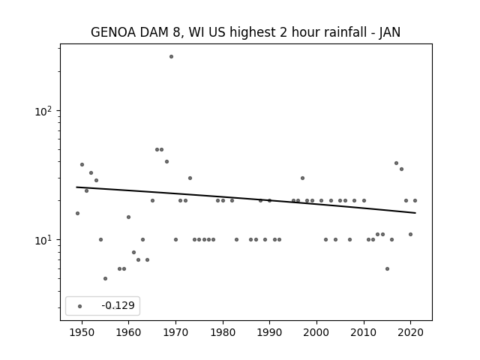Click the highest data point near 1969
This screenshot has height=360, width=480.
tap(171, 57)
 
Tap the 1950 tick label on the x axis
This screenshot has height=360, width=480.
tap(82, 332)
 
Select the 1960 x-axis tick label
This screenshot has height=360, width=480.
tap(128, 332)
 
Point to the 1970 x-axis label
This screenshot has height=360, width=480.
tap(175, 332)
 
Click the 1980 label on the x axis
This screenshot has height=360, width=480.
tap(223, 332)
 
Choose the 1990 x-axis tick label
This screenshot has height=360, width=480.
tap(270, 332)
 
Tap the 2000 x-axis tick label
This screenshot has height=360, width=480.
tap(316, 332)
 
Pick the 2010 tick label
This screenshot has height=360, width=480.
tap(364, 332)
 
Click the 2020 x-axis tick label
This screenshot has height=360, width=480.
tap(411, 332)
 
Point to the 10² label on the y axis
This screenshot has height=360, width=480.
tap(43, 112)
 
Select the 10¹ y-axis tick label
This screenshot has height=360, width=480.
tap(43, 240)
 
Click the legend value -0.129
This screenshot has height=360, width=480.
tap(118, 305)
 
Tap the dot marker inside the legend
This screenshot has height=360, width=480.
tap(79, 306)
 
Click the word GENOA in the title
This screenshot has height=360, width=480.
tap(113, 32)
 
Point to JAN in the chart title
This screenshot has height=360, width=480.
tap(390, 33)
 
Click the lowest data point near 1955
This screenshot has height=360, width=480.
tap(105, 278)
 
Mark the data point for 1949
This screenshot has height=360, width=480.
tap(77, 213)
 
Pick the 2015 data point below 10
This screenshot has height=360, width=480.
tap(387, 268)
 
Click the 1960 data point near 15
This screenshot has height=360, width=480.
tap(128, 217)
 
